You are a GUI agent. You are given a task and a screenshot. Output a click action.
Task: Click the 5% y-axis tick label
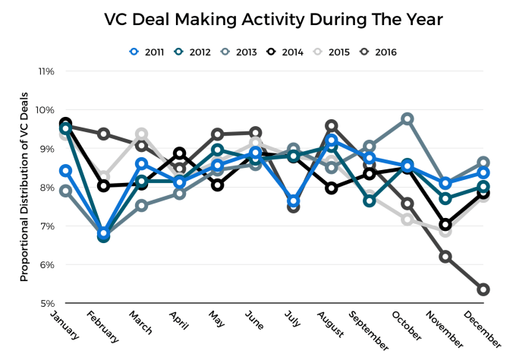click(x=46, y=303)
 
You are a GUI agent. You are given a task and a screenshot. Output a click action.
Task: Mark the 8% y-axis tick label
click(x=46, y=188)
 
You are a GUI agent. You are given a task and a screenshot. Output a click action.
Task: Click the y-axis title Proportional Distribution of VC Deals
click(x=24, y=188)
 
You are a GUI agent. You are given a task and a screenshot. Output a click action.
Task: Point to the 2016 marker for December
click(x=483, y=289)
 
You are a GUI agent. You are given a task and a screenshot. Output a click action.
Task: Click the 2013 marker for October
click(x=407, y=119)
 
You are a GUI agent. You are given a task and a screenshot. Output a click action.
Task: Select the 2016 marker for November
click(x=445, y=257)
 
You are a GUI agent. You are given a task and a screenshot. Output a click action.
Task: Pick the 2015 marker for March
click(x=142, y=134)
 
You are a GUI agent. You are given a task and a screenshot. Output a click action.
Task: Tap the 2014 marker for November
click(x=445, y=225)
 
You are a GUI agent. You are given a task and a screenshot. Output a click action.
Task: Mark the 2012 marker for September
click(x=370, y=201)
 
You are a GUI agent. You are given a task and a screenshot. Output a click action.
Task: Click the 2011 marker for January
click(x=66, y=171)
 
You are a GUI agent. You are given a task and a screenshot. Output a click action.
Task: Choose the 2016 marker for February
click(x=104, y=134)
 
